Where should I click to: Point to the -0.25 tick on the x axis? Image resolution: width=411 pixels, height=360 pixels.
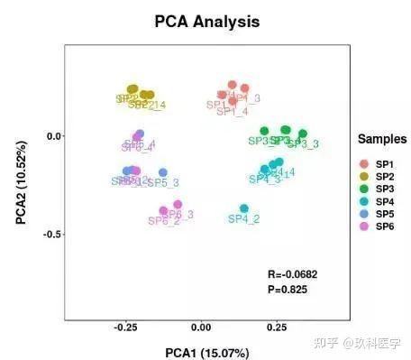pyautogui.click(x=125, y=328)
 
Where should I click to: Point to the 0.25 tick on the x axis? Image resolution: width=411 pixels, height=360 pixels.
pyautogui.click(x=276, y=328)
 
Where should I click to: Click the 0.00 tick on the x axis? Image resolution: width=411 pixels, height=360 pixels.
pyautogui.click(x=201, y=328)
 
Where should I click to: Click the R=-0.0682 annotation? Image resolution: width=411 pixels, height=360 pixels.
pyautogui.click(x=293, y=273)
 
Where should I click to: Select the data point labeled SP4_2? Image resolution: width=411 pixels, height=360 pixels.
pyautogui.click(x=244, y=209)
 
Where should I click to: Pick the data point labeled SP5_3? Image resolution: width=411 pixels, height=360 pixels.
pyautogui.click(x=163, y=172)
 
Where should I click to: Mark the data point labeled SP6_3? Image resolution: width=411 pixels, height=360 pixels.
pyautogui.click(x=178, y=205)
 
